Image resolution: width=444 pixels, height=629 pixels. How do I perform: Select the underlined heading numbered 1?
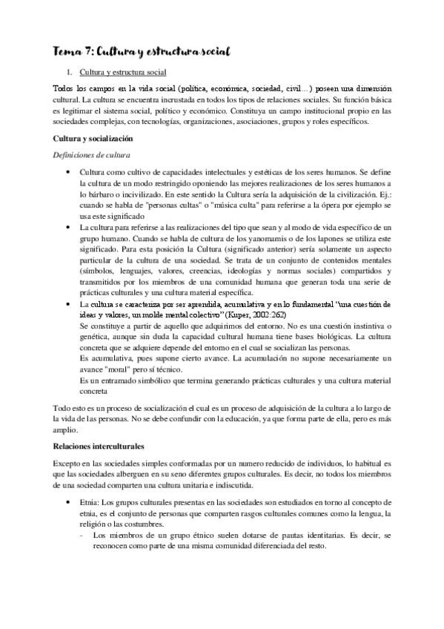(x=122, y=73)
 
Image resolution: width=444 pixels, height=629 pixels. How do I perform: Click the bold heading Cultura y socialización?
(x=92, y=139)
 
